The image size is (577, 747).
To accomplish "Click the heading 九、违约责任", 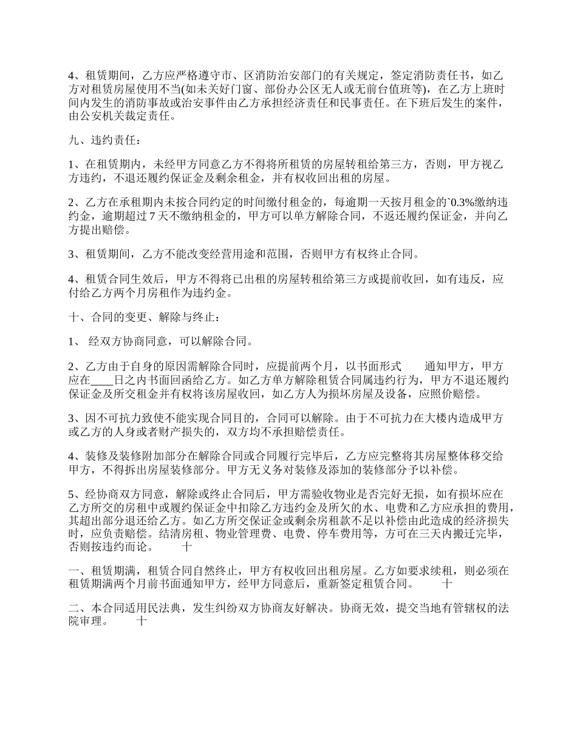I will (104, 141).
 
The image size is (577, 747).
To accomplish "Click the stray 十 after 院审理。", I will (142, 621).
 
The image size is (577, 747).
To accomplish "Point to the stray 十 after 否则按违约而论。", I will (187, 547).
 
